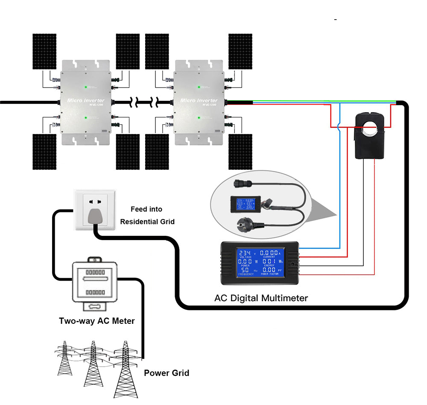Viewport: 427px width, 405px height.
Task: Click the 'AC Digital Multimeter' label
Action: coord(260,298)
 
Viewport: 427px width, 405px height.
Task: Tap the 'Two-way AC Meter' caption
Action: coord(97,320)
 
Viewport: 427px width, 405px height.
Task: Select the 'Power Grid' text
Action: coord(166,373)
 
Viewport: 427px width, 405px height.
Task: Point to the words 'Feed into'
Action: coord(146,209)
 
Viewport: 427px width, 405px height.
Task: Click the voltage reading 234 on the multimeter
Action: coord(245,253)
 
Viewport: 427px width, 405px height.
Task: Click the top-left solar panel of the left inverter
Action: coord(44,51)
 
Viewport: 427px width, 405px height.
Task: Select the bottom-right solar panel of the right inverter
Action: coord(240,152)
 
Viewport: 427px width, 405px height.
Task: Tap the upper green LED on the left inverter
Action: coord(86,87)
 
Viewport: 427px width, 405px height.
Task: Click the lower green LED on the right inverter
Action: coord(199,117)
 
